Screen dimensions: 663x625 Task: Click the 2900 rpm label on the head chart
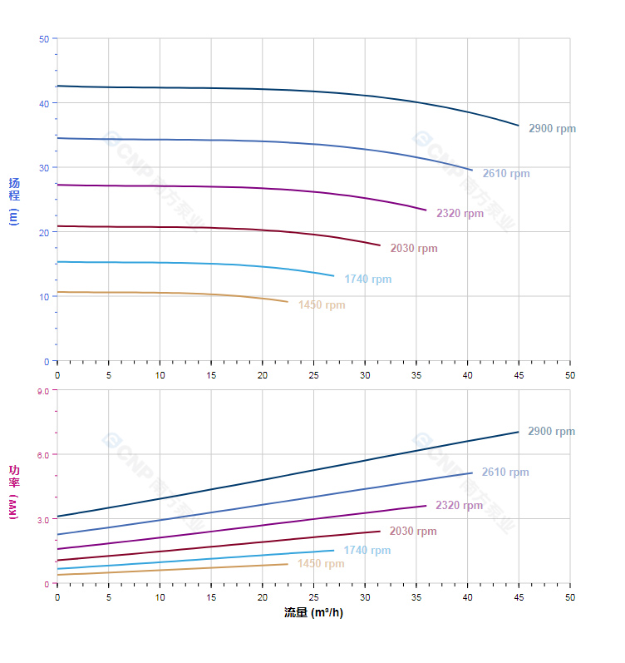(552, 129)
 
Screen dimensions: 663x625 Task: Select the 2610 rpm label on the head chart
(505, 174)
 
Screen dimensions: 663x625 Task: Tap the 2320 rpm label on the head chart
(460, 214)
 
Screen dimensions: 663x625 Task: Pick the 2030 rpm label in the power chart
(412, 532)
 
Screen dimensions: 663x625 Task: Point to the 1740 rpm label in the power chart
(367, 551)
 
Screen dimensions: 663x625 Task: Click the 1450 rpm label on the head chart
(321, 305)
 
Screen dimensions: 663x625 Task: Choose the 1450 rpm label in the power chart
(320, 564)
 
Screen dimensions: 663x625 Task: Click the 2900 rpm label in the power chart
(551, 432)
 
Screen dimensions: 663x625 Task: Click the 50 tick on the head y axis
(44, 39)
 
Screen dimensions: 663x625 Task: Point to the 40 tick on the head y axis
(44, 103)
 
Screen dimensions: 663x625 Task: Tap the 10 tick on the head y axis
(44, 296)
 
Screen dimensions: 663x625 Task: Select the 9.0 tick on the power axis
(42, 390)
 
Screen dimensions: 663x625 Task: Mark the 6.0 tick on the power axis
(42, 454)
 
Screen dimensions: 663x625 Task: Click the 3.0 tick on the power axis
(42, 519)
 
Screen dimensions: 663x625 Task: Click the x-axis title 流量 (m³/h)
(313, 613)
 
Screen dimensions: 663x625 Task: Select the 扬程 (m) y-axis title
(14, 200)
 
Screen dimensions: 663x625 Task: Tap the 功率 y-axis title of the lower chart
(14, 491)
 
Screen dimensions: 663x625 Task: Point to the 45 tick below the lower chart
(519, 597)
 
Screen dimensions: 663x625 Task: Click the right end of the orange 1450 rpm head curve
(288, 302)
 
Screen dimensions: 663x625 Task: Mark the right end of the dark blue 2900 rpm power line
(519, 432)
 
